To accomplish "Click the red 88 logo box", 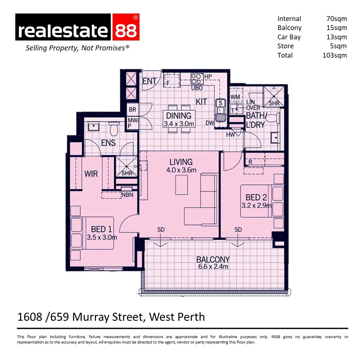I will [x=126, y=27].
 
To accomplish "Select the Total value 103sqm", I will [x=334, y=55].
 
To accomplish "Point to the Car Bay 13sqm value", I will [x=337, y=37].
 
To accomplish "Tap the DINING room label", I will [x=179, y=116].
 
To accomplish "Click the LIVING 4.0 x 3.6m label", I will [x=181, y=166].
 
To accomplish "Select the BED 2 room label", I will [x=256, y=197].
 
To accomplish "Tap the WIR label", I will [x=91, y=174].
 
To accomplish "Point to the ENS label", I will [x=108, y=143].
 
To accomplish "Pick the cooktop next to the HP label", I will [x=197, y=78].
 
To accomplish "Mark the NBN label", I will [x=128, y=195].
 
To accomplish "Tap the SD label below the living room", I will [x=161, y=230].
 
